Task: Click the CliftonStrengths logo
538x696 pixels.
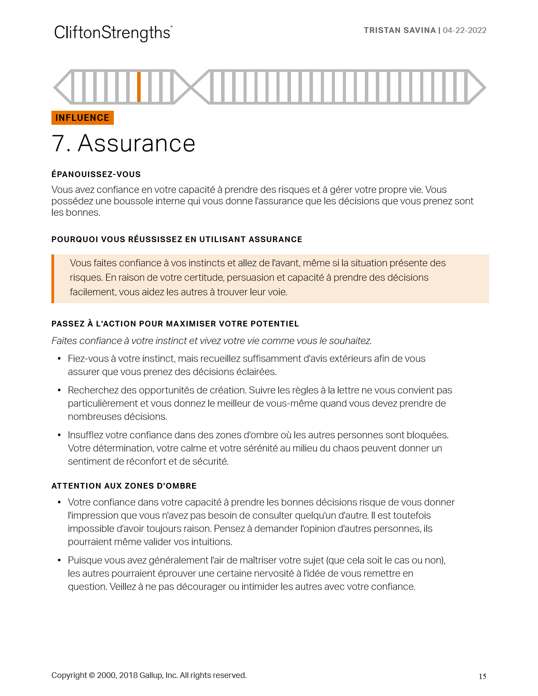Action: [x=113, y=33]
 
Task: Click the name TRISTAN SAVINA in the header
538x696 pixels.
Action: [x=400, y=30]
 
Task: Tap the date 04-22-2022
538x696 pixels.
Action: [x=465, y=30]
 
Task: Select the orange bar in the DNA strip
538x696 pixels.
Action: [x=139, y=87]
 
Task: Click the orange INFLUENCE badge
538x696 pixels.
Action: [x=83, y=118]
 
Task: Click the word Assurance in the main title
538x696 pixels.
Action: [x=136, y=144]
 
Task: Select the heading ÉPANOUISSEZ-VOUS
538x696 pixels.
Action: [x=96, y=174]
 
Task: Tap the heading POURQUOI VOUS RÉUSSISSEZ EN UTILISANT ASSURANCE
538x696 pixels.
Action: [x=177, y=239]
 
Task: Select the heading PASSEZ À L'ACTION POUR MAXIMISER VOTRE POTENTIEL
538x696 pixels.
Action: [x=175, y=324]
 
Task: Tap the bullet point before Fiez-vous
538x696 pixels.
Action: [x=59, y=359]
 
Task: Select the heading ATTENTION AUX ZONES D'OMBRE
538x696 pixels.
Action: [x=124, y=486]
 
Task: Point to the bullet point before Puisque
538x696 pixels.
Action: [x=59, y=561]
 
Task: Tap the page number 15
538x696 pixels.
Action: [x=482, y=677]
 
